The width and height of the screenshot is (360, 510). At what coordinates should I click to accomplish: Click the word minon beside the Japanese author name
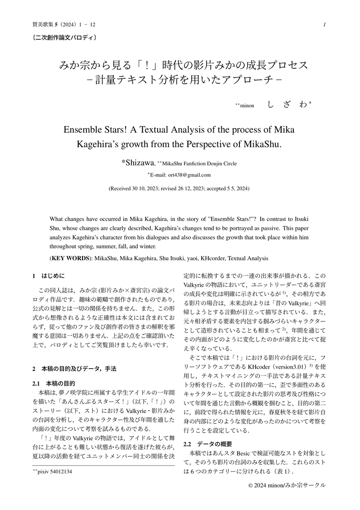(x=247, y=106)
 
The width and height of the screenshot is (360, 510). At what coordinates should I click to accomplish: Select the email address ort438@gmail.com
(x=189, y=175)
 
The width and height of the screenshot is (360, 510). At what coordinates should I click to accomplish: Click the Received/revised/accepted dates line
(x=180, y=187)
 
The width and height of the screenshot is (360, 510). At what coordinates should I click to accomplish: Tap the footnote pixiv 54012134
(x=51, y=472)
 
